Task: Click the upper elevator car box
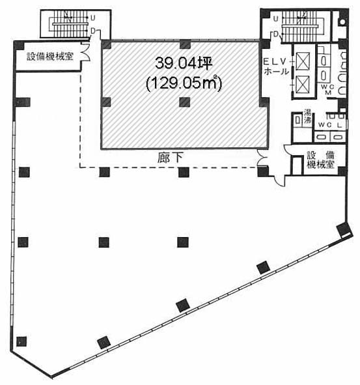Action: coord(302,58)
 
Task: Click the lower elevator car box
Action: coord(302,83)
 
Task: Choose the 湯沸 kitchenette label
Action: coord(306,120)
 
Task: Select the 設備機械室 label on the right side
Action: coord(320,160)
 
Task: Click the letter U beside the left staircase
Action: coord(94,18)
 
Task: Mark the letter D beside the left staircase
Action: coord(94,30)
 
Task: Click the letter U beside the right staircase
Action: coord(276,18)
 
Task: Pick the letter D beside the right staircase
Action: coord(276,34)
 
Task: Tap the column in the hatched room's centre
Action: coord(185,101)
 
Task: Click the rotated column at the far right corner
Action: coord(342,230)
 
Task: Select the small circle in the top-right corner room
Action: coord(342,20)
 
